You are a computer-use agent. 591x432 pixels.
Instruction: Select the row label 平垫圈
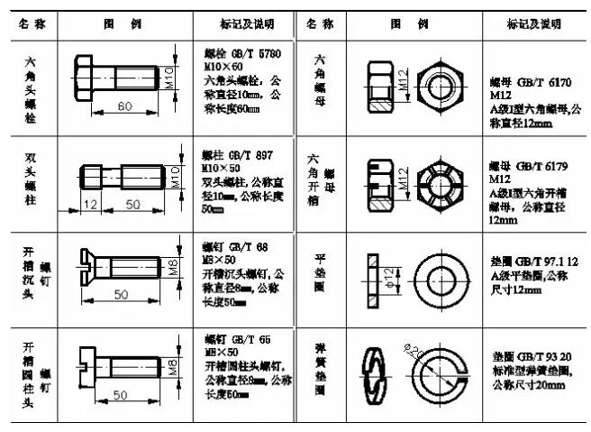[320, 271]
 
